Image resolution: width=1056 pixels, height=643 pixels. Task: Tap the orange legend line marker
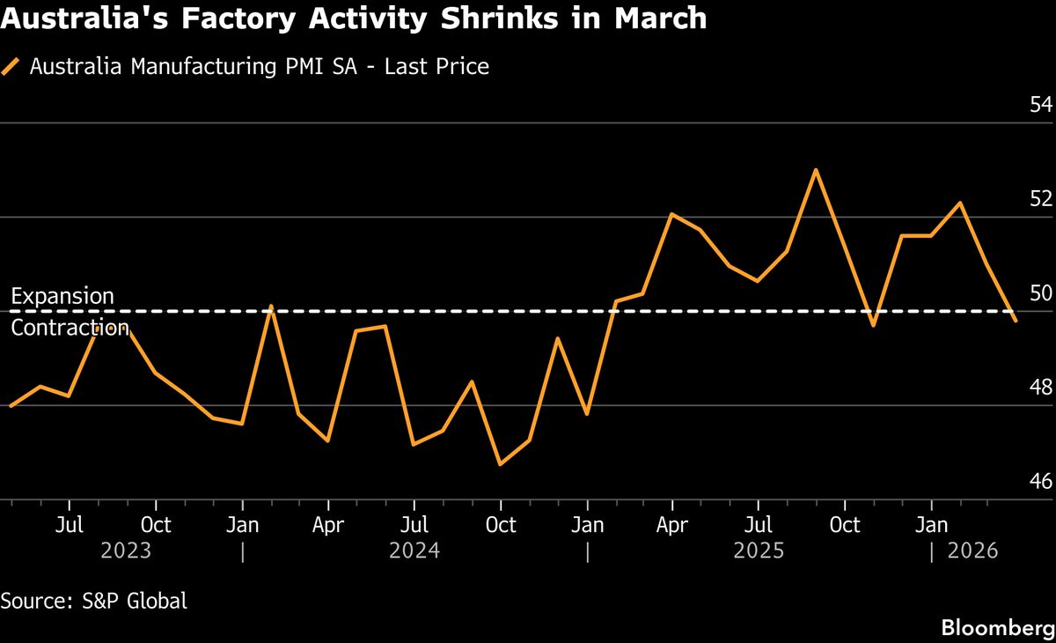11,67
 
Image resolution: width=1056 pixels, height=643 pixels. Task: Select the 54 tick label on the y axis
1040,105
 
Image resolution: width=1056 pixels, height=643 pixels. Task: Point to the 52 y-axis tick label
1040,199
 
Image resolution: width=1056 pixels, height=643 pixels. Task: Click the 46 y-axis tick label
1040,482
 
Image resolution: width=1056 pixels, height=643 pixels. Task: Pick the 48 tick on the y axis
1040,388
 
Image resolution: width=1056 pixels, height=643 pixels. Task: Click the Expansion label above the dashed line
62,296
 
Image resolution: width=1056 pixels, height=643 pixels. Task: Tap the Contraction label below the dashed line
70,329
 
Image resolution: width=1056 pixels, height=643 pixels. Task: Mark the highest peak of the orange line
816,170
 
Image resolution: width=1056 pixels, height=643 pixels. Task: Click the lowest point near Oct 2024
500,464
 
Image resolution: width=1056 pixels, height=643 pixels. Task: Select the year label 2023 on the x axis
126,551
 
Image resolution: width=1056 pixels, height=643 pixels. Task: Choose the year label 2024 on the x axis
414,551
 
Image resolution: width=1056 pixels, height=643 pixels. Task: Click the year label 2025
759,551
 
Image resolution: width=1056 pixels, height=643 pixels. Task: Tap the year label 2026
972,551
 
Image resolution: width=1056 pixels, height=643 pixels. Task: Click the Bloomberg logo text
998,628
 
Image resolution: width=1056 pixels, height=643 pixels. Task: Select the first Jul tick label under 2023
70,526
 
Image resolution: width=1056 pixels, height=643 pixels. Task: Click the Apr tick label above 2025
672,526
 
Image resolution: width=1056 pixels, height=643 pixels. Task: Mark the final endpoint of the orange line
1016,321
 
